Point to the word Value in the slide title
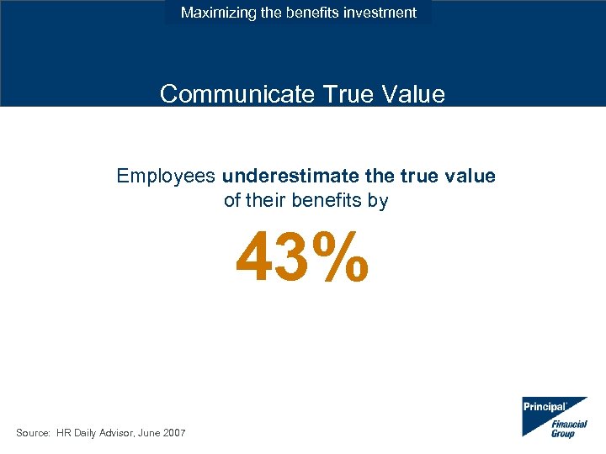410,93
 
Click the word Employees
166,176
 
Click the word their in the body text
265,201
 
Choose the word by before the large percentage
378,202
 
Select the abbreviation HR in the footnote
65,432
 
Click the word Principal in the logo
543,406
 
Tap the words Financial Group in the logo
568,428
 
